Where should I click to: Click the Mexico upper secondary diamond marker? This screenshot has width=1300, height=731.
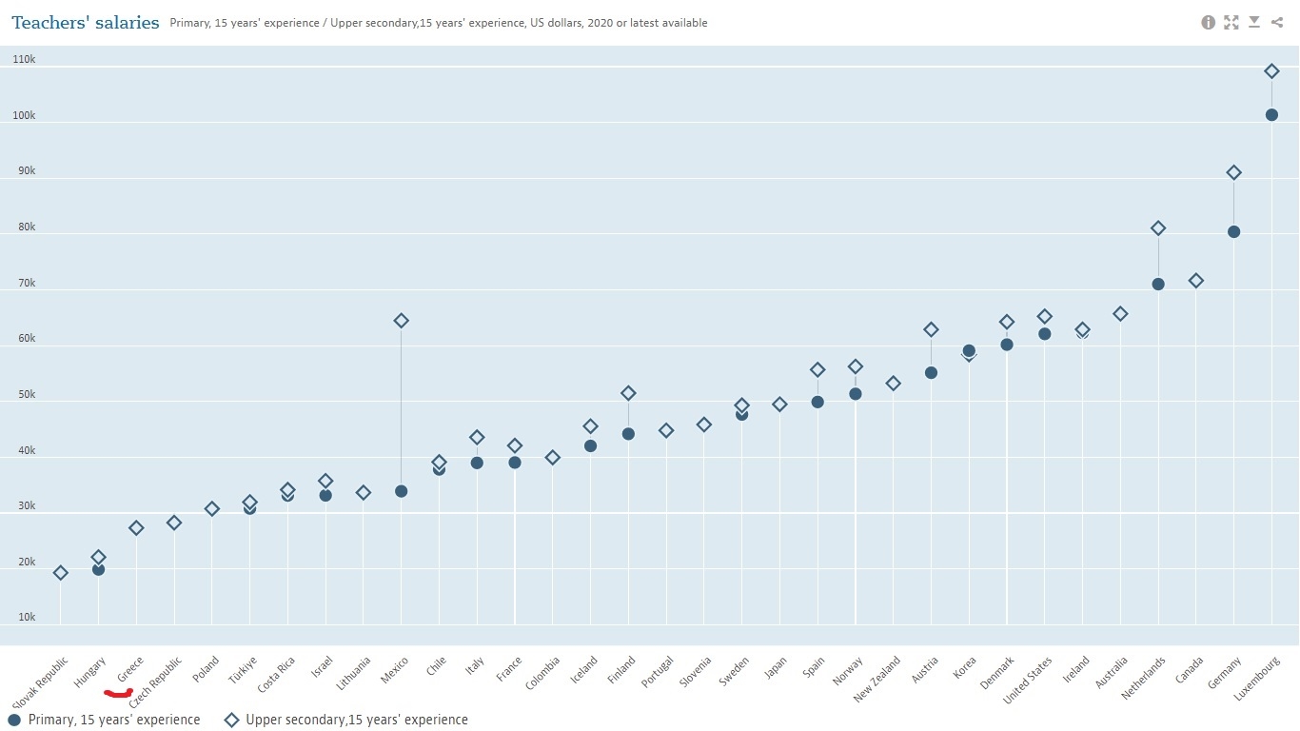click(401, 321)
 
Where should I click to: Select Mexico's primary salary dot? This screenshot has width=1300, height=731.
click(401, 491)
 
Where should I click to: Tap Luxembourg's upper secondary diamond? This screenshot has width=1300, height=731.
click(1271, 71)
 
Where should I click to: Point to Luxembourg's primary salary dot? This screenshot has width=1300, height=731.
click(1271, 115)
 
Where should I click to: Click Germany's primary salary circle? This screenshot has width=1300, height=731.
click(1233, 231)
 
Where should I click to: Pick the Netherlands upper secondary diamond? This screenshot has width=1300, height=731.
click(1158, 228)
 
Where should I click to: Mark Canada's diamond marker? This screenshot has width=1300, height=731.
click(1196, 281)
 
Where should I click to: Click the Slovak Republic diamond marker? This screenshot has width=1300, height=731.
click(61, 573)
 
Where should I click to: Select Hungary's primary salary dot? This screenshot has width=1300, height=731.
click(98, 569)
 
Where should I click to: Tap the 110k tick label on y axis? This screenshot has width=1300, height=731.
click(24, 60)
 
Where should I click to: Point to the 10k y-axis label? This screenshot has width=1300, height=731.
click(27, 618)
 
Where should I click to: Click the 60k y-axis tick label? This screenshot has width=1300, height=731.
click(27, 339)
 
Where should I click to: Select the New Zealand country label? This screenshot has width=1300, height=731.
click(877, 680)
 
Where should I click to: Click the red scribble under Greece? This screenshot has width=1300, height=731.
click(118, 693)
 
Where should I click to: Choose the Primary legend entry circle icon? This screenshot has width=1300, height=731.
click(14, 721)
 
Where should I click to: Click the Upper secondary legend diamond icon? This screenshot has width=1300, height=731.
click(231, 721)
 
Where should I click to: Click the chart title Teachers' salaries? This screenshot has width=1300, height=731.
click(86, 23)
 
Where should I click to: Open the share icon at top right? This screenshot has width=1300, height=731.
click(1277, 22)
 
